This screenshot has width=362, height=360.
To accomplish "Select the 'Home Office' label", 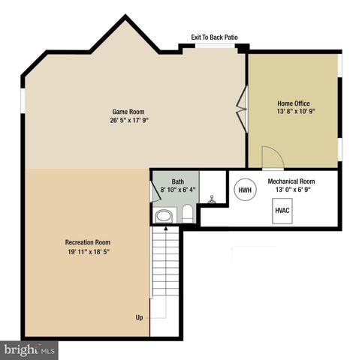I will tap(293, 103).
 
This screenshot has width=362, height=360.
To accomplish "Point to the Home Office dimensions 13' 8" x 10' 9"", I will tap(293, 112).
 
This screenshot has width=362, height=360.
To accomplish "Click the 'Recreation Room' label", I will tap(88, 242).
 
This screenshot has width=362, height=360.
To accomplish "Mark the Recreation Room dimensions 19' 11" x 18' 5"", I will tap(88, 252).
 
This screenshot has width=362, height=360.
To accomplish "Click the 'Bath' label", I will tap(177, 181).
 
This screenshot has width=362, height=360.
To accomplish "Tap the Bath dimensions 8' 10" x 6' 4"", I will tap(177, 190).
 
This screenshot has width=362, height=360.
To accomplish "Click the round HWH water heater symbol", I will tap(245, 190).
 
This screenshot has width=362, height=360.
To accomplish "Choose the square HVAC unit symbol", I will tap(282, 211).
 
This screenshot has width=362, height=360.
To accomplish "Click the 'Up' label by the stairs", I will tap(139, 317).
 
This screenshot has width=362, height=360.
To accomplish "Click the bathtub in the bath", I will tap(163, 216).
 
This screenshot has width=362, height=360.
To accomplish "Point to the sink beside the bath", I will tap(213, 201).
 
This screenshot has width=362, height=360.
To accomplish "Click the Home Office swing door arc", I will tap(272, 156).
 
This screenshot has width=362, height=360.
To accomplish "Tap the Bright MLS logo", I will tap(29, 349).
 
